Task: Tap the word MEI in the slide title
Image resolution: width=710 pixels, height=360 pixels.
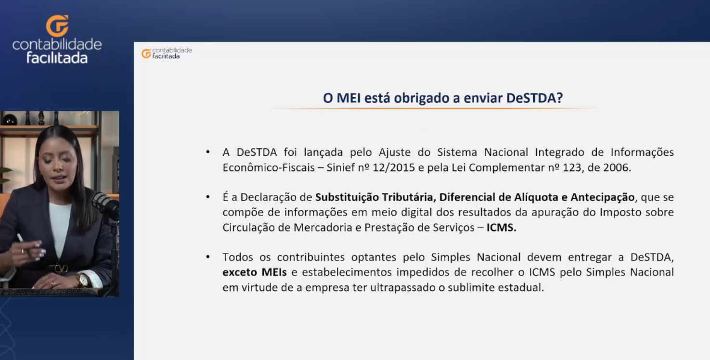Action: click(349, 98)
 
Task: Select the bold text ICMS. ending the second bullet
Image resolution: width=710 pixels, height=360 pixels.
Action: click(502, 228)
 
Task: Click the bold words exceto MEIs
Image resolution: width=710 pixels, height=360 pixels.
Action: click(255, 272)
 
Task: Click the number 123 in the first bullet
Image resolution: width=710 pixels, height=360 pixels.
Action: click(572, 167)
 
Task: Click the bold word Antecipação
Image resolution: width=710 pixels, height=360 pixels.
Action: click(603, 197)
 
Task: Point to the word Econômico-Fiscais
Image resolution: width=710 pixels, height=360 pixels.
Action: click(268, 167)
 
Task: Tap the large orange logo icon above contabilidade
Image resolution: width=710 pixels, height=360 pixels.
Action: click(57, 26)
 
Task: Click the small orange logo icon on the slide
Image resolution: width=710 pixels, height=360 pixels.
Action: click(146, 53)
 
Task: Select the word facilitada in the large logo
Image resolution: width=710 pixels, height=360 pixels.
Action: click(57, 58)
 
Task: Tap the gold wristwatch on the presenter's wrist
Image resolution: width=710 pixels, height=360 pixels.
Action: click(83, 281)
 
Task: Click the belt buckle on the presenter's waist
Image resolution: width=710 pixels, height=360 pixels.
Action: click(62, 269)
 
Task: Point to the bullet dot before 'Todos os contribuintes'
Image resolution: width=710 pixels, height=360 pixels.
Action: click(208, 257)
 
